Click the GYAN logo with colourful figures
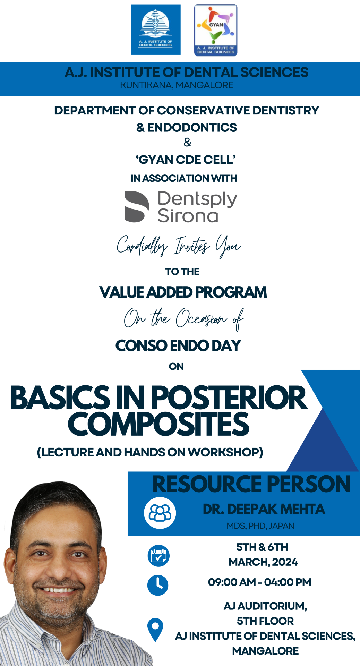click(x=216, y=30)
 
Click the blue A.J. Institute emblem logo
click(x=156, y=29)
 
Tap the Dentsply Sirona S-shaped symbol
click(x=137, y=207)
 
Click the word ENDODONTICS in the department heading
click(x=192, y=128)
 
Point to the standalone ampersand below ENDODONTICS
click(x=187, y=142)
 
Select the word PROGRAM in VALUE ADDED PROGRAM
click(x=231, y=292)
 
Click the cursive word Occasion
click(x=201, y=318)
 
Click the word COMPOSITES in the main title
click(x=158, y=424)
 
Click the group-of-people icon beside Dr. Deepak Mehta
click(x=160, y=513)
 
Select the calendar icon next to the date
click(x=158, y=556)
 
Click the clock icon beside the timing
click(x=158, y=585)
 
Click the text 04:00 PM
click(x=288, y=582)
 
